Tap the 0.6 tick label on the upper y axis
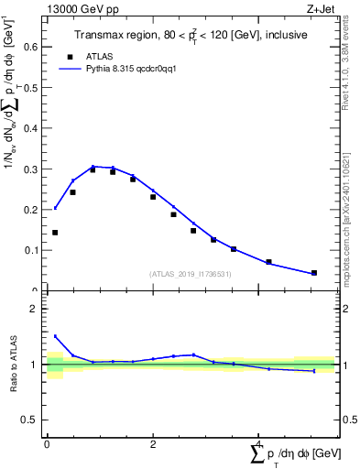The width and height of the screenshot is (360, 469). click(x=30, y=49)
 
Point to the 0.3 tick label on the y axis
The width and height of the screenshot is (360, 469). click(x=30, y=169)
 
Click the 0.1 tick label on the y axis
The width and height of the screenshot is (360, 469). click(x=30, y=250)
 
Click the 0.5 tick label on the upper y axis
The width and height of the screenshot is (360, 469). click(x=30, y=89)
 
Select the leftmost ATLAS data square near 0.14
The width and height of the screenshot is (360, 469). click(x=55, y=233)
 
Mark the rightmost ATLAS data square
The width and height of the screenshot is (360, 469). click(x=314, y=272)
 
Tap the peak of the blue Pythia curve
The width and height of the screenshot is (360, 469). click(x=93, y=167)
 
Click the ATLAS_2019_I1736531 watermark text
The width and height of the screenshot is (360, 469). click(x=190, y=274)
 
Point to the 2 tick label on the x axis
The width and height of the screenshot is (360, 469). click(x=153, y=445)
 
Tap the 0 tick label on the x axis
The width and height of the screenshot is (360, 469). click(x=47, y=445)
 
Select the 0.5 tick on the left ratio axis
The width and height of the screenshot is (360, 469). click(x=31, y=420)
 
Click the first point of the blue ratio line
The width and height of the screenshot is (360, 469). click(x=55, y=336)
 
